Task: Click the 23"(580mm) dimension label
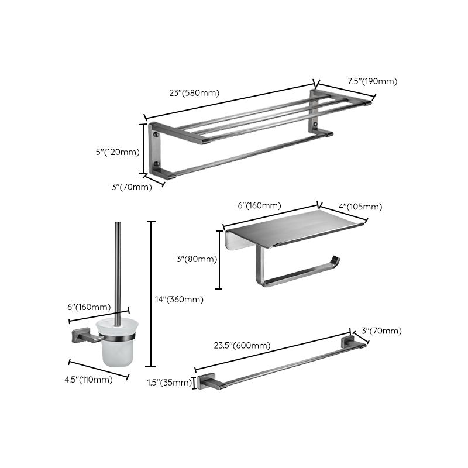[194, 92]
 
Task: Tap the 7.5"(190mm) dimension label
[372, 81]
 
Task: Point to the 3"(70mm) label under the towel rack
[132, 187]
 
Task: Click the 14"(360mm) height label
[179, 300]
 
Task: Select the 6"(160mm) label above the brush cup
[90, 307]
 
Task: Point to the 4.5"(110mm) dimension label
[88, 380]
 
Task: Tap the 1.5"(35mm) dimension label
[169, 383]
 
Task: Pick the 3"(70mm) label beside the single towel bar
[381, 331]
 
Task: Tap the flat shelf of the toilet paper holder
[292, 231]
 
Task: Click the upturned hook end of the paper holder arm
[335, 261]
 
